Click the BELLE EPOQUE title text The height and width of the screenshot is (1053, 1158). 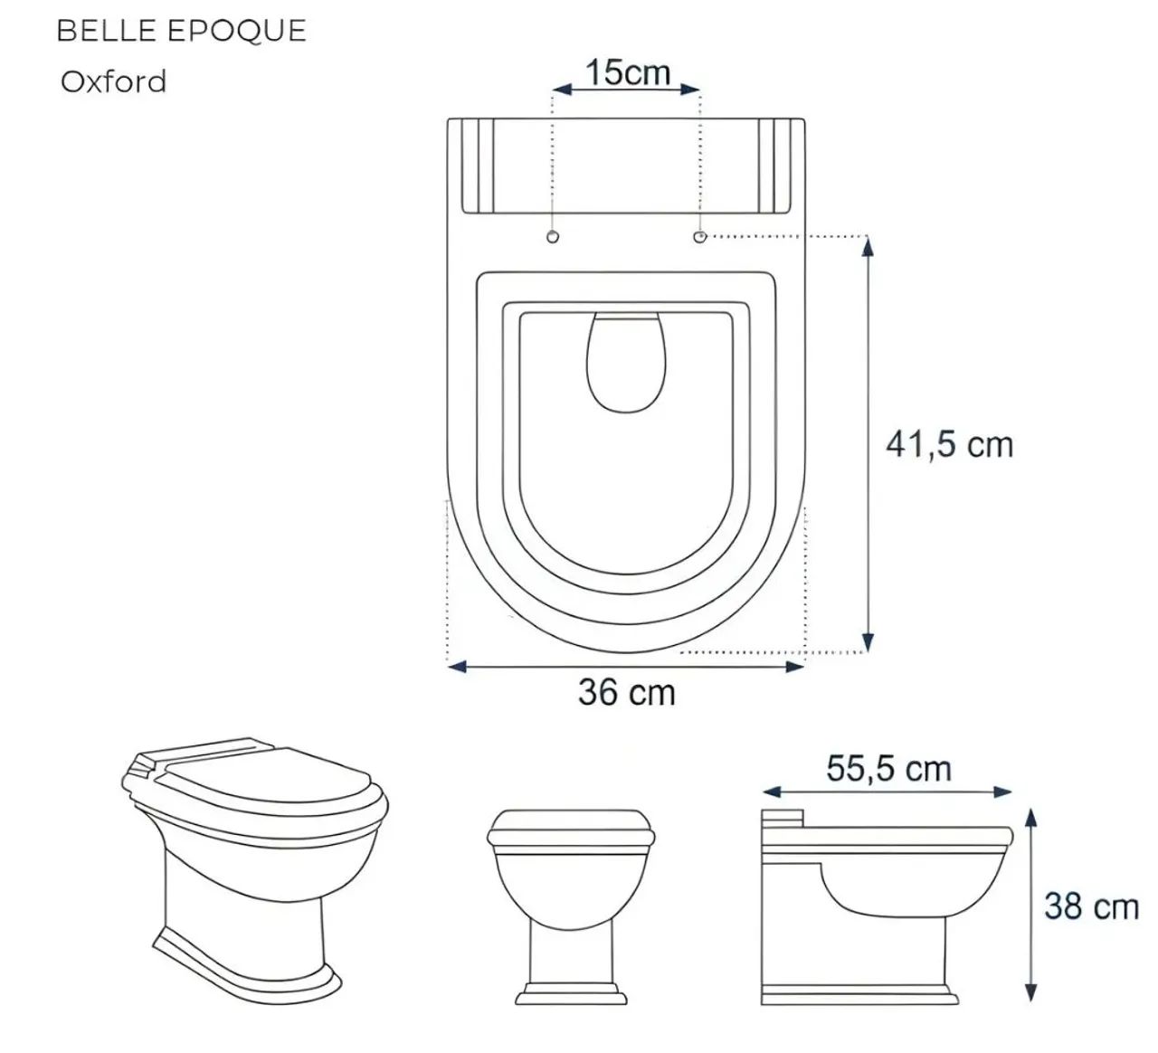click(181, 31)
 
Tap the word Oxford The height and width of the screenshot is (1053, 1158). click(113, 81)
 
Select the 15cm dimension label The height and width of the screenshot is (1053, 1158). click(628, 72)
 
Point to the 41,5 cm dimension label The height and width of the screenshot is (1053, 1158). click(950, 445)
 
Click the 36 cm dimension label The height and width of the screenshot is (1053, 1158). click(626, 692)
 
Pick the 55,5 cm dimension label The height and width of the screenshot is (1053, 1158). click(888, 769)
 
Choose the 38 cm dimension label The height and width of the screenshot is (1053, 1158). click(1091, 907)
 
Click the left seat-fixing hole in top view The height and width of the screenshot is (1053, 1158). click(553, 237)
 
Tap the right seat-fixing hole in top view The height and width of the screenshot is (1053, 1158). click(700, 237)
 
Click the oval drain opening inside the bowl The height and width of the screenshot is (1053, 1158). click(626, 363)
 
